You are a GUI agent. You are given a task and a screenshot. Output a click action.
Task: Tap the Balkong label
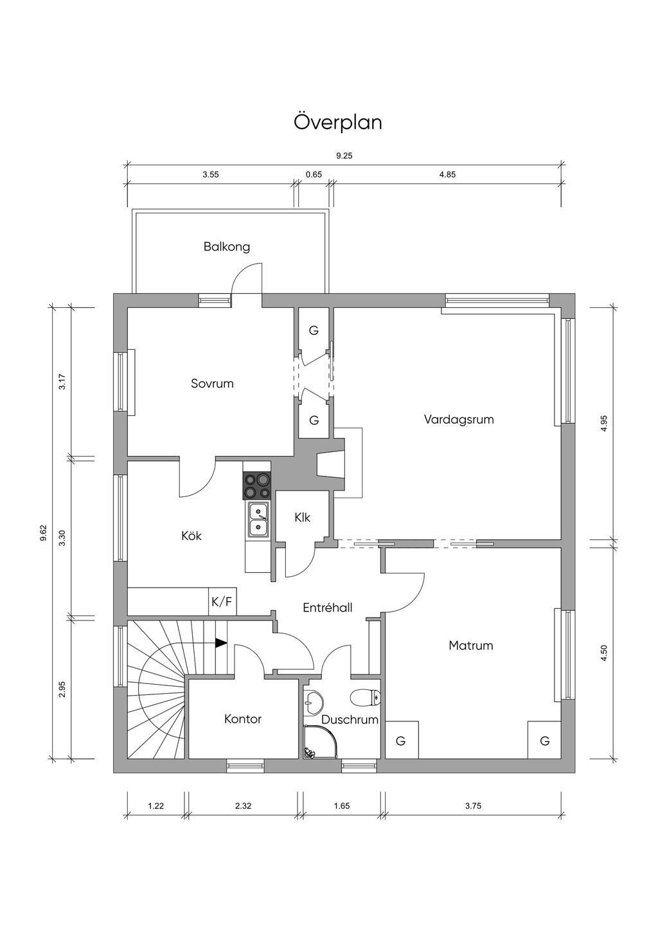tap(227, 247)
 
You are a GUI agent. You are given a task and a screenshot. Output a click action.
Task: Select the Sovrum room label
tap(212, 383)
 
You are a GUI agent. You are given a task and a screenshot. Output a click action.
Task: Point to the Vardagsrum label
tap(459, 419)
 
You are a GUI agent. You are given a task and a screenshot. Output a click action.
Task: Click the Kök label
tap(191, 536)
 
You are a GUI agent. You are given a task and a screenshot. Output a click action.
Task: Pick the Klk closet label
tap(303, 518)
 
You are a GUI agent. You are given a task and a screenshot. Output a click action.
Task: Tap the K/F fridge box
tap(222, 601)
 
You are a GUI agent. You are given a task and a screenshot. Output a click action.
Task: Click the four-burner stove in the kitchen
tap(257, 486)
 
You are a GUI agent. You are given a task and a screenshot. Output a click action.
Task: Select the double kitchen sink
tap(258, 520)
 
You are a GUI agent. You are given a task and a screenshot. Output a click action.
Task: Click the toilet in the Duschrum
tap(365, 698)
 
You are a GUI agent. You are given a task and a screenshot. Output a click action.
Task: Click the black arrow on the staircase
tap(222, 643)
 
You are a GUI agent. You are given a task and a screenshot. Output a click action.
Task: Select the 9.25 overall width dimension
tap(344, 156)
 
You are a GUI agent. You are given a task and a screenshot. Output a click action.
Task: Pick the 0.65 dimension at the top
tap(314, 175)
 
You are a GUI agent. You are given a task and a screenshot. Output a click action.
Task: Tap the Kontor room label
tap(243, 719)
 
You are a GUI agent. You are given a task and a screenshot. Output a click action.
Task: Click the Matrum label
tap(471, 646)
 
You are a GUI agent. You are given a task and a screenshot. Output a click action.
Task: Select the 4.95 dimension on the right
tap(604, 424)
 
